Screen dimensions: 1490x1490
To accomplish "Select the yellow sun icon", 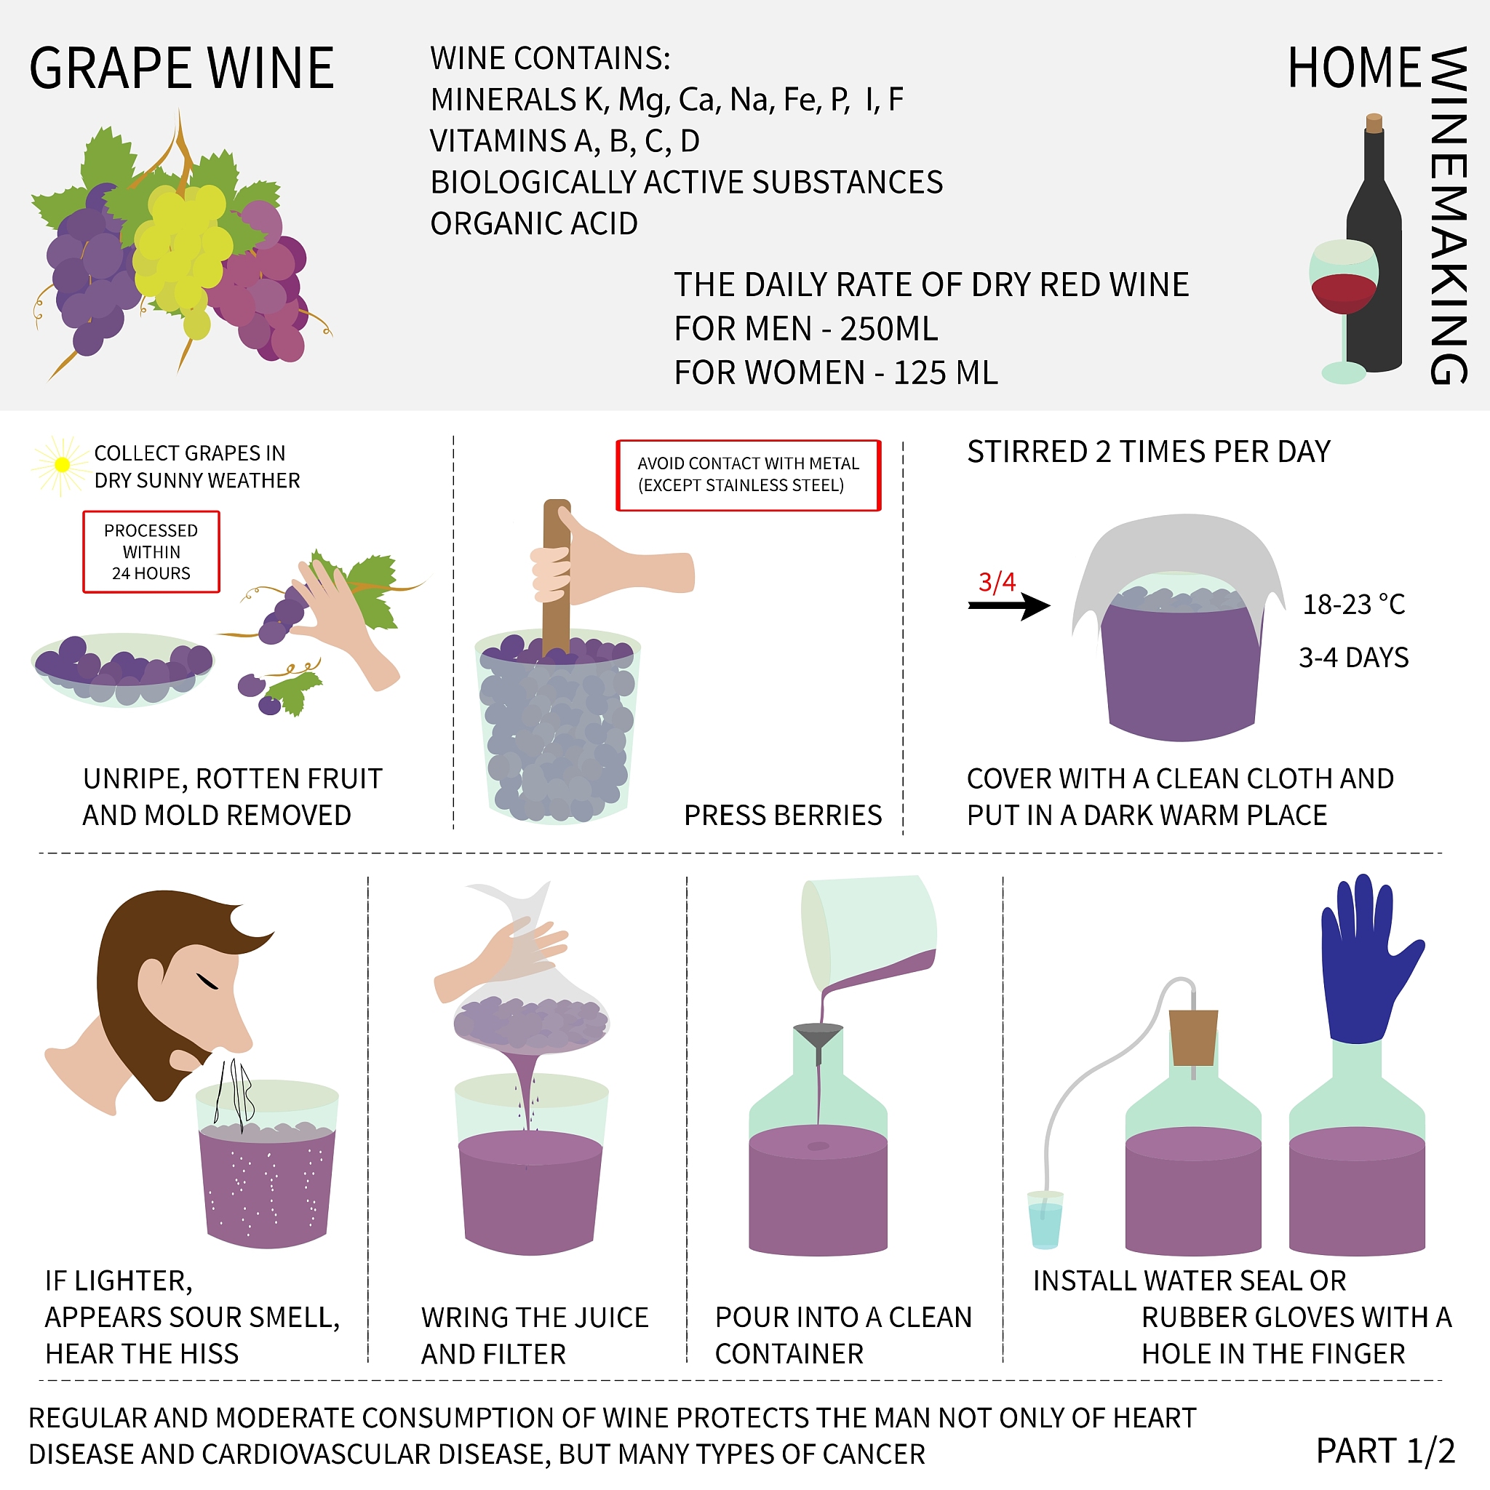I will pyautogui.click(x=62, y=465).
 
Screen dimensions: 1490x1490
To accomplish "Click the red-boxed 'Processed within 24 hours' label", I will pyautogui.click(x=151, y=552).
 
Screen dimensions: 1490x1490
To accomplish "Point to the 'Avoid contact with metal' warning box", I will pyautogui.click(x=747, y=475).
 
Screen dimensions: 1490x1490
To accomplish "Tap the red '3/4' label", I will pyautogui.click(x=997, y=582).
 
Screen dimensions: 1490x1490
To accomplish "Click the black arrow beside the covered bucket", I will pyautogui.click(x=1009, y=605).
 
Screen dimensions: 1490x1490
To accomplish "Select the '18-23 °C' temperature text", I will pyautogui.click(x=1353, y=605).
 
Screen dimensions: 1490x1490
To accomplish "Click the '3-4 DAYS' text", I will pyautogui.click(x=1353, y=658).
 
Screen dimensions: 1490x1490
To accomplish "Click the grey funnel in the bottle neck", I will pyautogui.click(x=818, y=1037).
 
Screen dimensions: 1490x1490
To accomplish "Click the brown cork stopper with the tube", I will pyautogui.click(x=1193, y=1037).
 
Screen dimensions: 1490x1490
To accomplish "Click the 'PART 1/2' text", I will pyautogui.click(x=1385, y=1451).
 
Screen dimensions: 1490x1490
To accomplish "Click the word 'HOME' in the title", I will pyautogui.click(x=1354, y=68).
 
